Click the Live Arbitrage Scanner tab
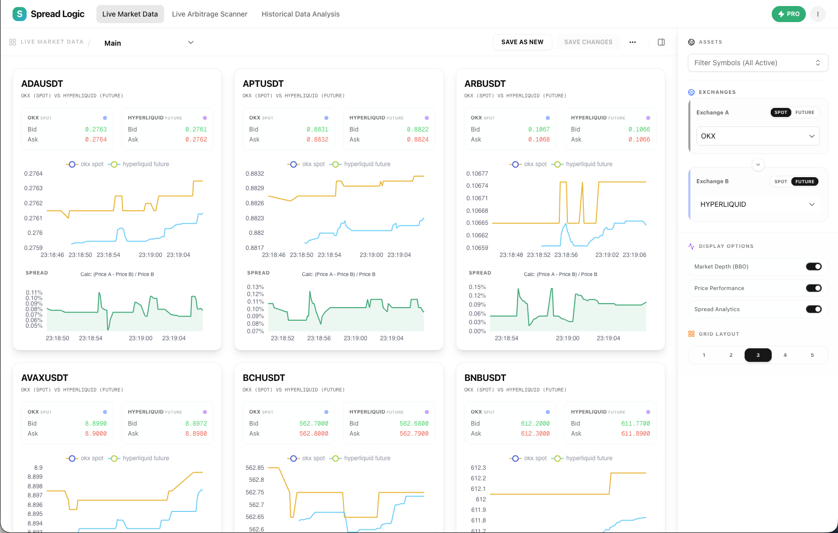tap(209, 14)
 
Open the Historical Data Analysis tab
tap(300, 14)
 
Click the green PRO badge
tap(788, 14)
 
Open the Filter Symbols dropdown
tap(757, 63)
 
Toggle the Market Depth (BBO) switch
tap(813, 266)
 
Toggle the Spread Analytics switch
tap(813, 309)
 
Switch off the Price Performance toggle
tap(813, 288)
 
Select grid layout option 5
tap(812, 355)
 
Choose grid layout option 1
tap(704, 355)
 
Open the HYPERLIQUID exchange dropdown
tap(757, 204)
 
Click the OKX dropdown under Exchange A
tap(757, 136)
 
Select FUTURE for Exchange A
tap(804, 112)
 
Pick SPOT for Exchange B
tap(780, 182)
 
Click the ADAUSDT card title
tap(42, 84)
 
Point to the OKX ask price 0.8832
tap(317, 140)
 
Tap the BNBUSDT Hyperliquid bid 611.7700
tap(635, 424)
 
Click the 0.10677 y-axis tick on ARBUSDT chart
tap(477, 174)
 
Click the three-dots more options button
tap(633, 42)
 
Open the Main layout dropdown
tap(149, 43)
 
